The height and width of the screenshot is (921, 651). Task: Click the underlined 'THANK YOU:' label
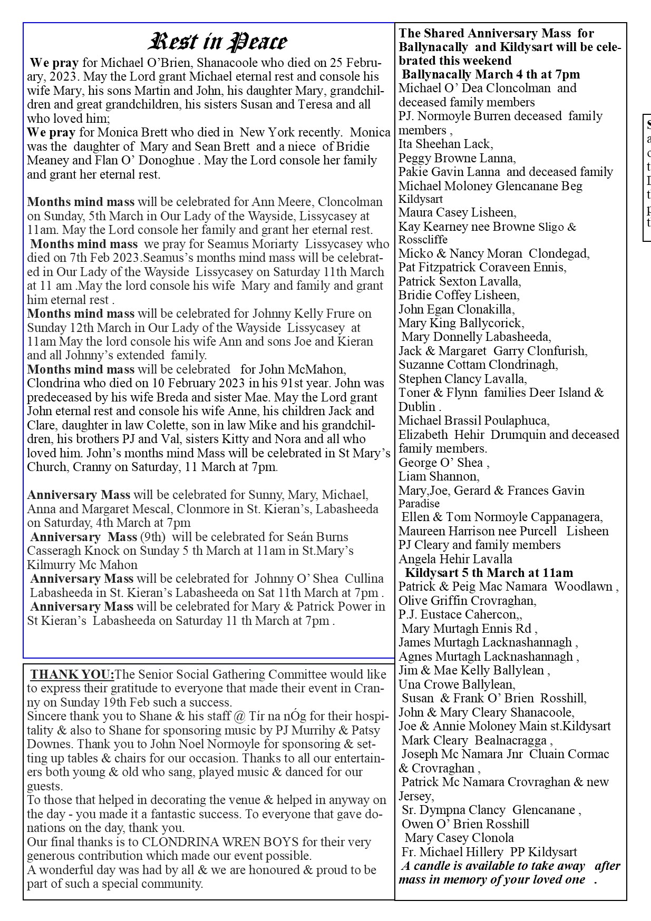click(72, 674)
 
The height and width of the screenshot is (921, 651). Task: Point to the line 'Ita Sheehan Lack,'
click(446, 144)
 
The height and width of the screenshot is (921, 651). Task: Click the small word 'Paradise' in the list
click(419, 504)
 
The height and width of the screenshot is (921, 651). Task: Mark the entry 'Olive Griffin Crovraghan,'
click(467, 601)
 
